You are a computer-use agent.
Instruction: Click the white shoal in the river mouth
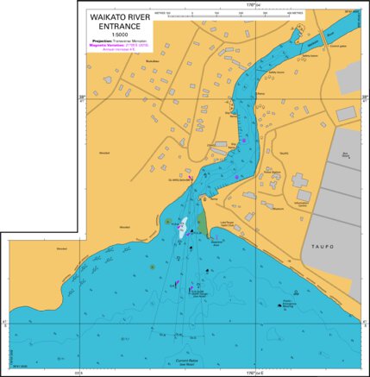[x=182, y=229]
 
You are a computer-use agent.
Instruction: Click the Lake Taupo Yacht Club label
[x=228, y=225]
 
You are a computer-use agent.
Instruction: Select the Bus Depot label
[x=345, y=155]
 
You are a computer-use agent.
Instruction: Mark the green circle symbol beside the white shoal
[x=166, y=222]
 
